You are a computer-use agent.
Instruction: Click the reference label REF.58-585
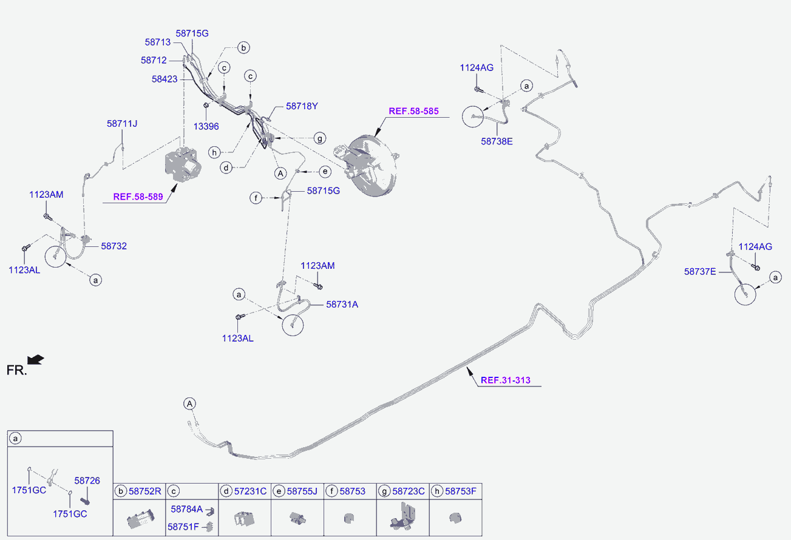[413, 111]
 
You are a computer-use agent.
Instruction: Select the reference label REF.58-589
[138, 197]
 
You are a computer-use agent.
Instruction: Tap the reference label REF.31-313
[505, 380]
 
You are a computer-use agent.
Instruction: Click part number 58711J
[122, 124]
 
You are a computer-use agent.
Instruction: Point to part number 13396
[206, 126]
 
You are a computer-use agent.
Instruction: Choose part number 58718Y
[302, 106]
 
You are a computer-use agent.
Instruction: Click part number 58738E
[497, 141]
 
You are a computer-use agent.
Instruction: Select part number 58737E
[700, 271]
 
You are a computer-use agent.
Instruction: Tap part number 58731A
[342, 304]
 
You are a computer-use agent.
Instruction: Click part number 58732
[114, 246]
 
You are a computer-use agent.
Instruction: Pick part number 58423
[165, 79]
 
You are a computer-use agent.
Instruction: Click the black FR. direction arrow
[36, 360]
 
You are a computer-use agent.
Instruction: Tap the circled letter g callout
[320, 138]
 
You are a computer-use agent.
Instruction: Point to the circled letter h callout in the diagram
[214, 152]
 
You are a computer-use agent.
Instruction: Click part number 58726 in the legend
[87, 480]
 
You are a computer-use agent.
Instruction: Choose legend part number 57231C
[250, 491]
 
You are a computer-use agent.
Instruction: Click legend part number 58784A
[186, 509]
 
